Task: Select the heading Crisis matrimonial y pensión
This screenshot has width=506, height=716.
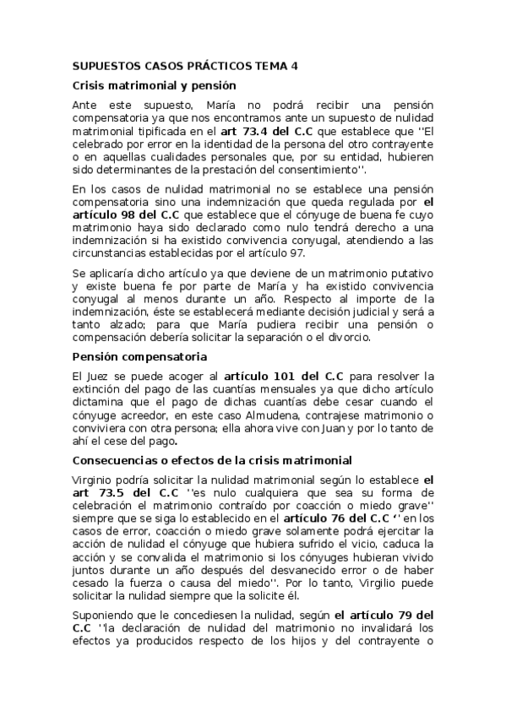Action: tap(154, 85)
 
